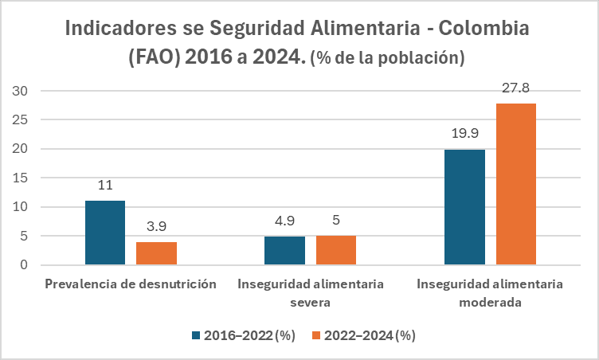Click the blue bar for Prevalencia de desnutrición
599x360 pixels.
(x=105, y=233)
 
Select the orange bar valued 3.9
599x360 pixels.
(x=156, y=253)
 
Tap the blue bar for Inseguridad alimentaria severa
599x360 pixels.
(x=284, y=250)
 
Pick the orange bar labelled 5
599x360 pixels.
(x=336, y=250)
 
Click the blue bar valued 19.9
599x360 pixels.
(x=464, y=207)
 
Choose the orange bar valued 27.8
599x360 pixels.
(x=516, y=184)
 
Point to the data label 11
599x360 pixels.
(x=105, y=185)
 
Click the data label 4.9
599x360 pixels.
(x=284, y=221)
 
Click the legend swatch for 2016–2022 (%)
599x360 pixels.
(x=196, y=335)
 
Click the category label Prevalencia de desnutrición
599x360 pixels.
(x=131, y=284)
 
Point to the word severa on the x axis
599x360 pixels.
(x=311, y=303)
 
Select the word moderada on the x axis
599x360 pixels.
(x=490, y=303)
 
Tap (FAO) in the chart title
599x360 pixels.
(x=157, y=57)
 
